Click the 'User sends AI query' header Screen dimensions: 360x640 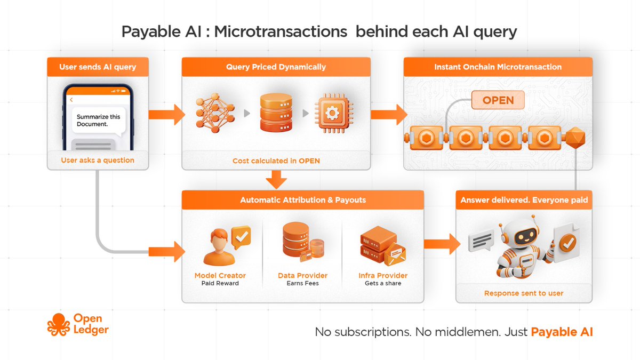[x=98, y=67]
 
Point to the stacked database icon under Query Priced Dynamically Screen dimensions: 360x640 [x=276, y=113]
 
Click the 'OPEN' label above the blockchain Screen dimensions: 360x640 [x=498, y=100]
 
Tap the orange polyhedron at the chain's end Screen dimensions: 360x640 [x=576, y=138]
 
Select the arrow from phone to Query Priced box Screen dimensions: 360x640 [x=166, y=114]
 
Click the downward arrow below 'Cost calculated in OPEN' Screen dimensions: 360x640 [x=276, y=179]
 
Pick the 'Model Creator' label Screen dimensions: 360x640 [x=220, y=276]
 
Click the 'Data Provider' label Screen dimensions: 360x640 [x=302, y=276]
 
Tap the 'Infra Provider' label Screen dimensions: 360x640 [x=383, y=276]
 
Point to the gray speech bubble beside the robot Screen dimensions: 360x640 [x=481, y=241]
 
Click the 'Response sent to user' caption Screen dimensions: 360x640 [x=524, y=293]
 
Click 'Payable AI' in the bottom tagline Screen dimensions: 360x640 [x=562, y=332]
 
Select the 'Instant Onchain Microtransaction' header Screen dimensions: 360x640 [x=498, y=67]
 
